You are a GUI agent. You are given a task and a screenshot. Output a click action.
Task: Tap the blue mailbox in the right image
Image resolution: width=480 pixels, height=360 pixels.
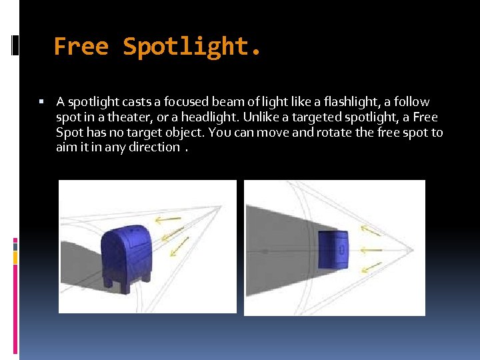pos(333,249)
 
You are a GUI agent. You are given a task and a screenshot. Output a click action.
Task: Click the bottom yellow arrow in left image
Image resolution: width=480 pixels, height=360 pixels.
pos(178,248)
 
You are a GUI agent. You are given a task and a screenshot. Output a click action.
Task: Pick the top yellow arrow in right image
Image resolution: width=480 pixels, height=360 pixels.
pos(369,231)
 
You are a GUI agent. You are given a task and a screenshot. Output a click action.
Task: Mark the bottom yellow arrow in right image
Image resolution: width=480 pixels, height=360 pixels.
pos(370,267)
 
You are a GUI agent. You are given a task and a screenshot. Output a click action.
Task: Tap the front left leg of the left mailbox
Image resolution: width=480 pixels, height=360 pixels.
pos(111,285)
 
